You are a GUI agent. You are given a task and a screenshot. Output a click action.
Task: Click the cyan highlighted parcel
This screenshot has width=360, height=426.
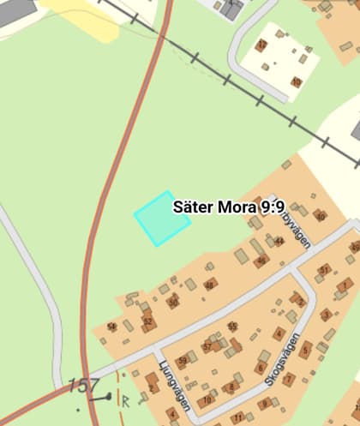tap(162, 219)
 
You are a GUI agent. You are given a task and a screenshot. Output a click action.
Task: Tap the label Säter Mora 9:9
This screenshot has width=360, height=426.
tap(228, 207)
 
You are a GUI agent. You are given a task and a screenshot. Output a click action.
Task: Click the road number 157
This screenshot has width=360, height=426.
tap(83, 387)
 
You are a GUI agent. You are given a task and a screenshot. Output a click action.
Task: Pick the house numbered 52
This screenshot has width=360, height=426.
tap(147, 322)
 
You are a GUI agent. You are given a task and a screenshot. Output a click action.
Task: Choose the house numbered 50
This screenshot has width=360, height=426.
tap(173, 302)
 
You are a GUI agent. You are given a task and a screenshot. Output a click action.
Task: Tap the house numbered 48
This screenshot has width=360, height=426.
tap(210, 285)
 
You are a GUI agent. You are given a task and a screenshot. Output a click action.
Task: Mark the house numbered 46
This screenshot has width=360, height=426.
tap(261, 261)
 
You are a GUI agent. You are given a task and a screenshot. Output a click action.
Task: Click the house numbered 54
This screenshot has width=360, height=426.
tap(111, 327)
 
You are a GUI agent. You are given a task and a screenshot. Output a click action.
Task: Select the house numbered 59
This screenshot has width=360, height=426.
tap(182, 361)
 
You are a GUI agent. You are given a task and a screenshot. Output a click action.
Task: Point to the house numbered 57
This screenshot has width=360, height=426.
tap(207, 346)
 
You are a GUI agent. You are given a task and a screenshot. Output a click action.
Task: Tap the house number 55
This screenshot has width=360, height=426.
tap(233, 327)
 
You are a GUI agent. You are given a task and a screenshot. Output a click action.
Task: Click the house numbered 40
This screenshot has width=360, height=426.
tap(321, 217)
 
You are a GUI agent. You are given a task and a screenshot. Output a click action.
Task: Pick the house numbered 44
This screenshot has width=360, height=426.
tap(278, 242)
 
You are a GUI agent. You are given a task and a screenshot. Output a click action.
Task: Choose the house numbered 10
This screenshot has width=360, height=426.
tap(205, 399)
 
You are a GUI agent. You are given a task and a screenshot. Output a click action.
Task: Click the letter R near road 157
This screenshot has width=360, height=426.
tap(125, 399)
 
